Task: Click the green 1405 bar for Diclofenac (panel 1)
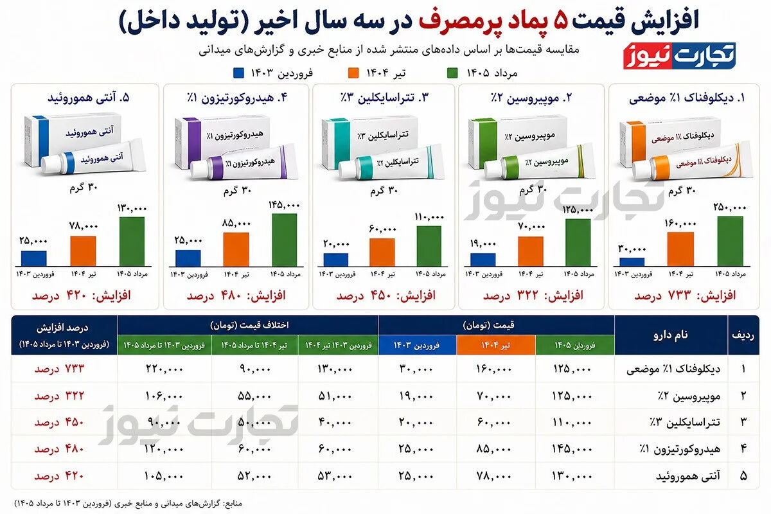[x=731, y=241]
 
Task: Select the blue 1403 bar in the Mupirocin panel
[x=483, y=260]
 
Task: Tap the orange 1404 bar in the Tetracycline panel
[x=382, y=252]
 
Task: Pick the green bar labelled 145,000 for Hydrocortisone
[x=284, y=240]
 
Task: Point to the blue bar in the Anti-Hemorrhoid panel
[x=33, y=258]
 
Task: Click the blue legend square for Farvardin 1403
[x=238, y=73]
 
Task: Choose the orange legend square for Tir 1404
[x=353, y=73]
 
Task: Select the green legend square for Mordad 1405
[x=452, y=73]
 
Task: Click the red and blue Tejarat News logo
[x=679, y=56]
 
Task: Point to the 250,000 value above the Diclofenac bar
[x=730, y=208]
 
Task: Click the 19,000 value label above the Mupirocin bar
[x=483, y=244]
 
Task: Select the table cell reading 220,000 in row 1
[x=164, y=369]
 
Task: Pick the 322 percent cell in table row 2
[x=59, y=396]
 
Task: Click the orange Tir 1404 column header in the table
[x=496, y=345]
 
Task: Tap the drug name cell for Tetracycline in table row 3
[x=685, y=422]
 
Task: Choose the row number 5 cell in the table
[x=743, y=476]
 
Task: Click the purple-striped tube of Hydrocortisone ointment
[x=244, y=163]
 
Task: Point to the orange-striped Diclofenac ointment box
[x=668, y=141]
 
